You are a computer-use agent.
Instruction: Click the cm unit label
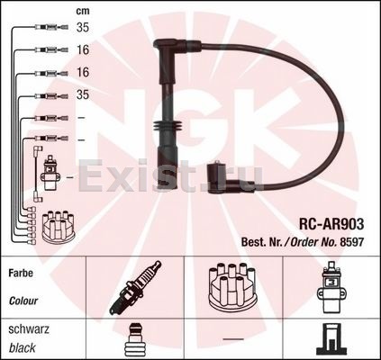coord(83,11)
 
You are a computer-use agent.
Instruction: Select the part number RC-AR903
coord(331,224)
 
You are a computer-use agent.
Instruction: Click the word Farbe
coord(21,273)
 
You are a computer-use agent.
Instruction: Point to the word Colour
coord(23,301)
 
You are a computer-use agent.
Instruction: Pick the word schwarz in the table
coord(29,329)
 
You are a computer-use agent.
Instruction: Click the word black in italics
coord(23,348)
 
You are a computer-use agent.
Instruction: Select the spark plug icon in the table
coord(135,287)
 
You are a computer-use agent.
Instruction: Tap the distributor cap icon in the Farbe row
coord(233,286)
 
